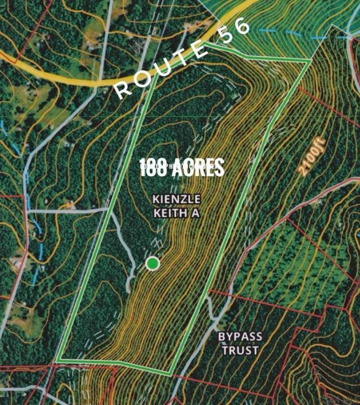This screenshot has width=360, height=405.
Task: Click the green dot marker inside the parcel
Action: click(152, 263)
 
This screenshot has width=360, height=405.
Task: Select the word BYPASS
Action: click(240, 337)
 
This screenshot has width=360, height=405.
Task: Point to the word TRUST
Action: click(240, 350)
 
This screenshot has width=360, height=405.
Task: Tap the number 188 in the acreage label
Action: click(154, 167)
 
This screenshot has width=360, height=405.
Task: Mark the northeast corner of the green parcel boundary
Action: click(310, 60)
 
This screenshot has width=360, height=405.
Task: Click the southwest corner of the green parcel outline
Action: click(57, 360)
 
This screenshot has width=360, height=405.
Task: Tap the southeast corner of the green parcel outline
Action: click(172, 374)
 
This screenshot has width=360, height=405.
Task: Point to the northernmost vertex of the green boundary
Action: click(206, 43)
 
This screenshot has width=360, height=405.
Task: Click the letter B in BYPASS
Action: click(222, 337)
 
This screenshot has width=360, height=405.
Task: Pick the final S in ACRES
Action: click(219, 167)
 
